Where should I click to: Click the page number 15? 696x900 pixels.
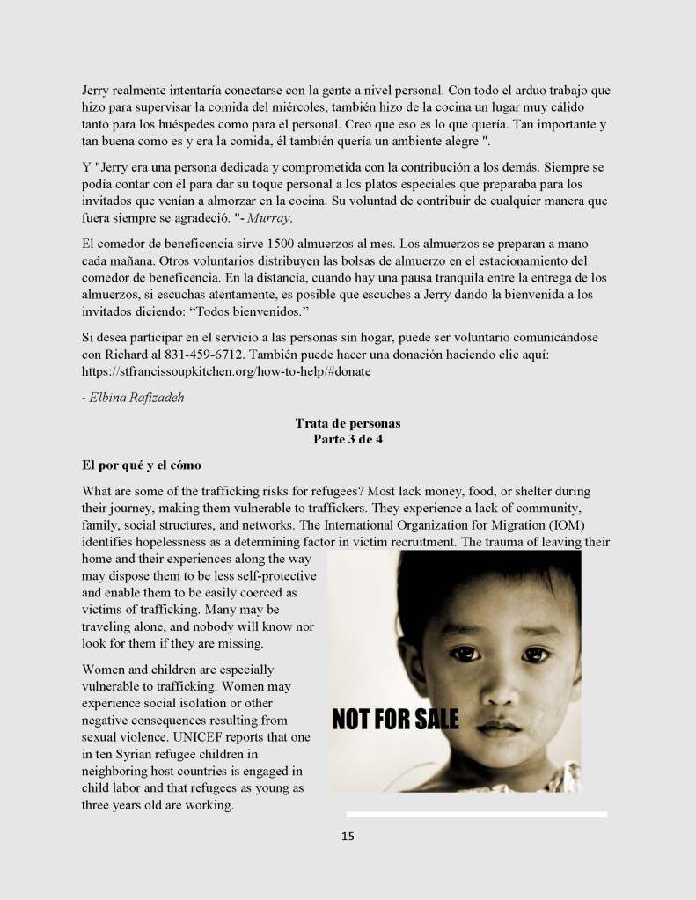coord(348,837)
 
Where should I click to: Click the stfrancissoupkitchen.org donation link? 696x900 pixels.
coord(226,371)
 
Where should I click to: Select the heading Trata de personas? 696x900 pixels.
coord(348,423)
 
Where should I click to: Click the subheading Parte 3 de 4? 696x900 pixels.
coord(348,439)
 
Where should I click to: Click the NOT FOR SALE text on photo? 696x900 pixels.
coord(395,720)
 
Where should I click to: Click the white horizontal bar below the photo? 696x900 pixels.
coord(476,815)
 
